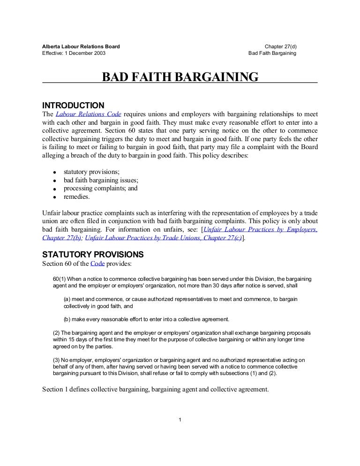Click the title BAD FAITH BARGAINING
(x=180, y=76)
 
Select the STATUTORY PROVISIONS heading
(x=93, y=255)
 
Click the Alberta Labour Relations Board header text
(x=81, y=46)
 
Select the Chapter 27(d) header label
(x=280, y=46)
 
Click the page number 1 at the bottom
(x=180, y=419)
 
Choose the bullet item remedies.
(x=76, y=197)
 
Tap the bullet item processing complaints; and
(x=100, y=189)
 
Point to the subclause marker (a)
(x=67, y=299)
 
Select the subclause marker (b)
(x=67, y=319)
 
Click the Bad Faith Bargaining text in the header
(x=272, y=53)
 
